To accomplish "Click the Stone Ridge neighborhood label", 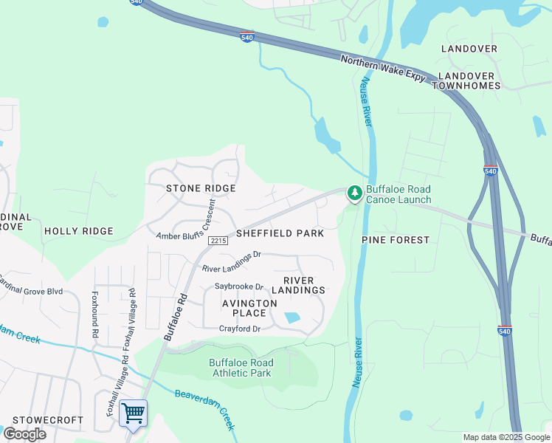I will tap(201, 188).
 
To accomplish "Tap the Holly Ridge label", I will tap(79, 231).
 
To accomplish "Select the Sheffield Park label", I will tap(280, 233).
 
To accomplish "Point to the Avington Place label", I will tap(249, 308).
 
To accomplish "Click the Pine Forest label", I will tap(396, 240).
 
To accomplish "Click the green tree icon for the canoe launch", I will tap(355, 193).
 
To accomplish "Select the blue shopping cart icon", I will tap(133, 413).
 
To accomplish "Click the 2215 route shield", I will tap(217, 241).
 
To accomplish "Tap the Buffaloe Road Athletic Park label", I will tap(241, 368).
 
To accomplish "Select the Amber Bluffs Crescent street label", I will tap(184, 228).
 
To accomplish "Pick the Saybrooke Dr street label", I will tap(239, 286).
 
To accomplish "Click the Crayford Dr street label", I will tap(240, 329).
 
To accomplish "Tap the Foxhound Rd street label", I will tap(94, 313).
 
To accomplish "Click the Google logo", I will tap(24, 433).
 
